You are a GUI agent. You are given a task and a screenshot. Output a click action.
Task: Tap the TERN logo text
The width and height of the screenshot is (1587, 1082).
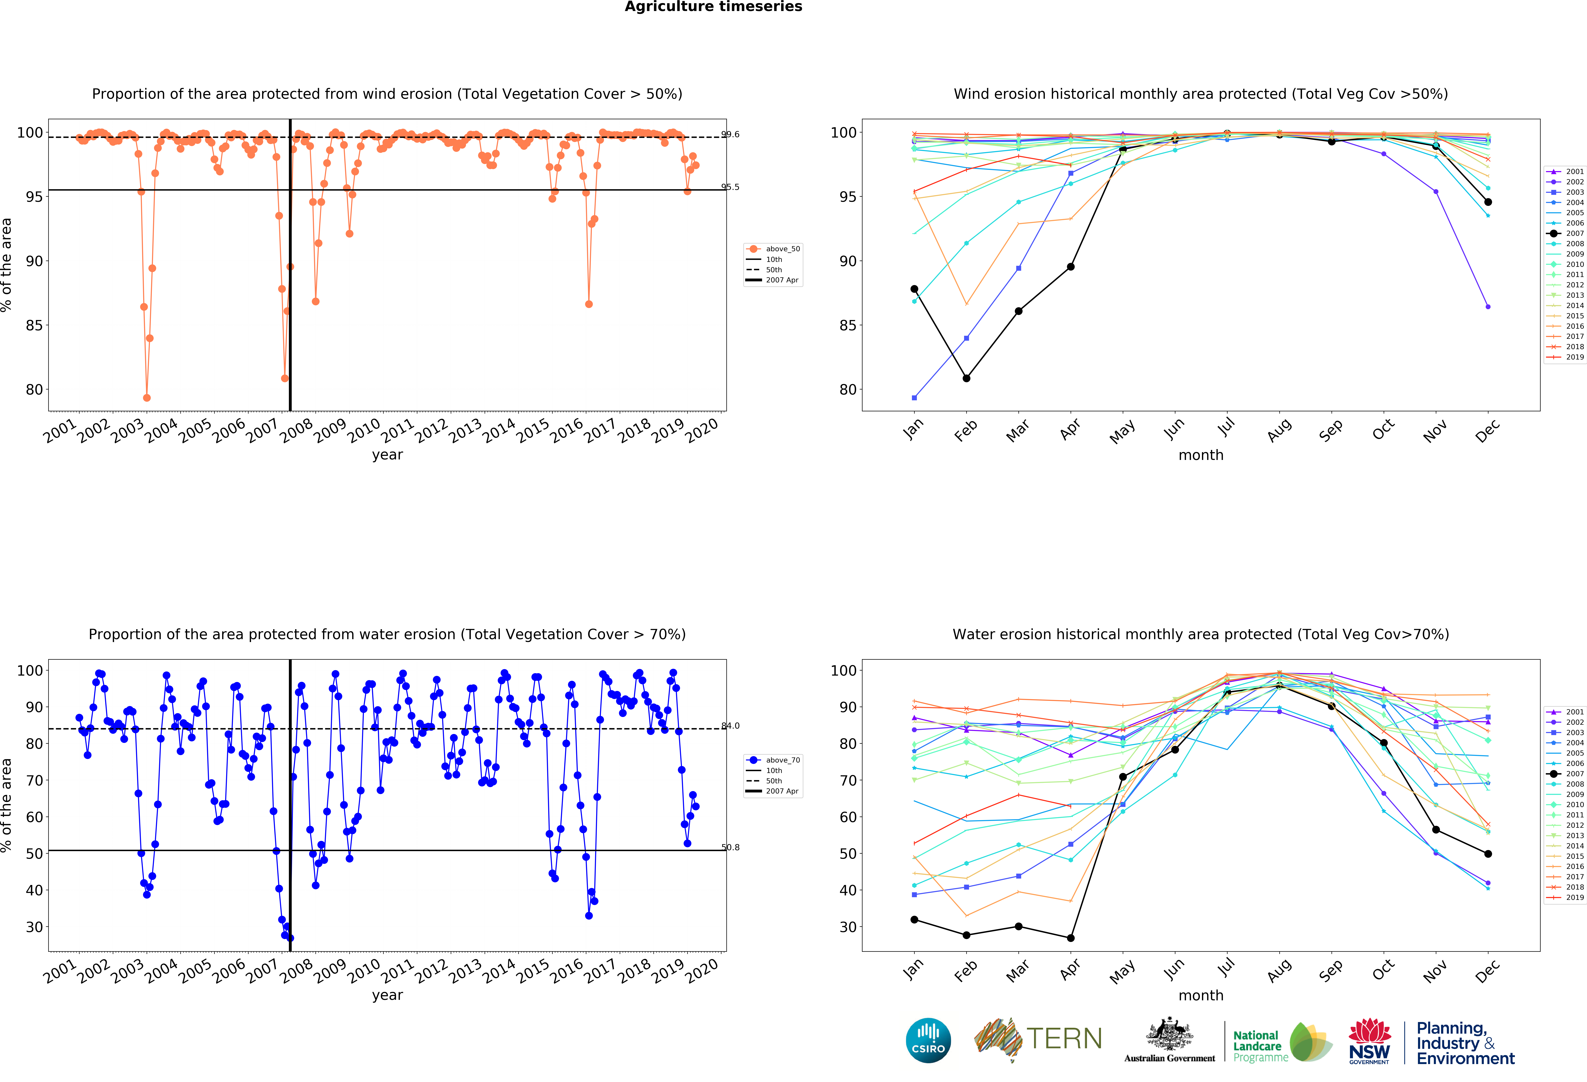(x=1064, y=1039)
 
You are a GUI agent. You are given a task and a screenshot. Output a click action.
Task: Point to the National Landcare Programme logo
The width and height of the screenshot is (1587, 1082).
(x=1281, y=1043)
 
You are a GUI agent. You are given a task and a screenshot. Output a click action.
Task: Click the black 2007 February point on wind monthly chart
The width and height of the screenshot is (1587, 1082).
(x=966, y=378)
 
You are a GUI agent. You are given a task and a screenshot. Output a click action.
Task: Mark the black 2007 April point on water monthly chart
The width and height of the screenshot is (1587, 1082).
(x=1070, y=938)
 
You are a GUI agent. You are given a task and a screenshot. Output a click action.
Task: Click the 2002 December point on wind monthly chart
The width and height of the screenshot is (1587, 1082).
(x=1488, y=307)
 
